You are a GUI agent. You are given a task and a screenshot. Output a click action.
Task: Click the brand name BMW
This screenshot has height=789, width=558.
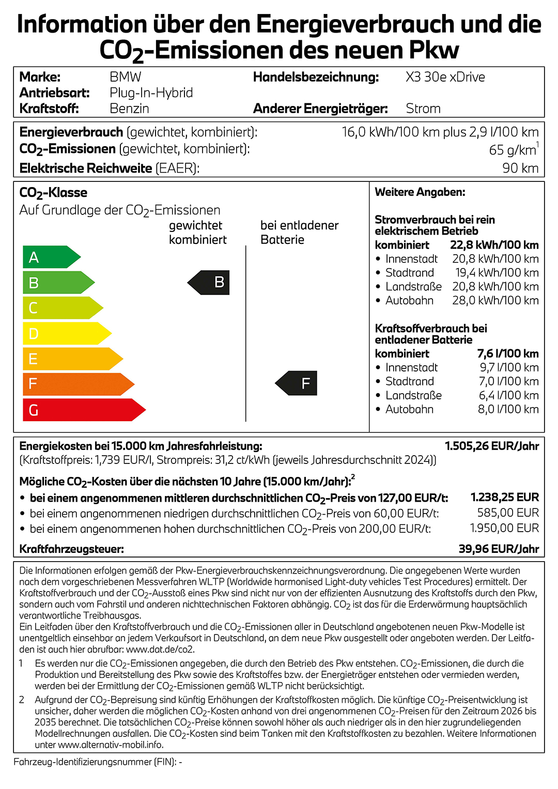click(x=126, y=77)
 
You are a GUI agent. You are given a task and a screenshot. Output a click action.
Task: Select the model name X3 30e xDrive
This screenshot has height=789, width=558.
click(x=445, y=77)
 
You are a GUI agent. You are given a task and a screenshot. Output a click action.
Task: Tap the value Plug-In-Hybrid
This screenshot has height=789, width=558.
click(x=151, y=92)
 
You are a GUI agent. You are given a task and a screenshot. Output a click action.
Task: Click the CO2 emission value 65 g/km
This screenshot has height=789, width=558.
click(x=513, y=150)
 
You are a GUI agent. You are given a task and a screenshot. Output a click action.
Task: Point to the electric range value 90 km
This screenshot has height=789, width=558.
click(x=520, y=168)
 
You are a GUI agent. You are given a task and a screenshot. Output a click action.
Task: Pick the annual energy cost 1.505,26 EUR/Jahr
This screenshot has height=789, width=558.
click(x=492, y=446)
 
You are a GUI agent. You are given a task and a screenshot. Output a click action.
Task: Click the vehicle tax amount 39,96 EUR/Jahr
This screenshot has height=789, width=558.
click(x=499, y=549)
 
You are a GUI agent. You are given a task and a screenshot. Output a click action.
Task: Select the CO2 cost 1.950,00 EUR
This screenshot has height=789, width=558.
click(x=504, y=528)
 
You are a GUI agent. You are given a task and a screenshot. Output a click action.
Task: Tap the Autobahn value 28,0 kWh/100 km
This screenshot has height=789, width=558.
click(x=495, y=300)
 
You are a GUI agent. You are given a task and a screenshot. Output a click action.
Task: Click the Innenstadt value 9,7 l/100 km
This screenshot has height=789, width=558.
click(x=509, y=367)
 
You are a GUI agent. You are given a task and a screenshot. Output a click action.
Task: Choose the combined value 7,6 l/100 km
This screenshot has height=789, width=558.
click(x=508, y=353)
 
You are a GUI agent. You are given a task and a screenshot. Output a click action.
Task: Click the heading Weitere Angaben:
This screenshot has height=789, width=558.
click(x=420, y=192)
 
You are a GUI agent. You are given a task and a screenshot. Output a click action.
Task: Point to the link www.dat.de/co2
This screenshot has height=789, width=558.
click(x=161, y=649)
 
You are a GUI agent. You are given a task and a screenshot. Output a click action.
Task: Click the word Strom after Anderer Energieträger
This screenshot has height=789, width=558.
click(x=423, y=109)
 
